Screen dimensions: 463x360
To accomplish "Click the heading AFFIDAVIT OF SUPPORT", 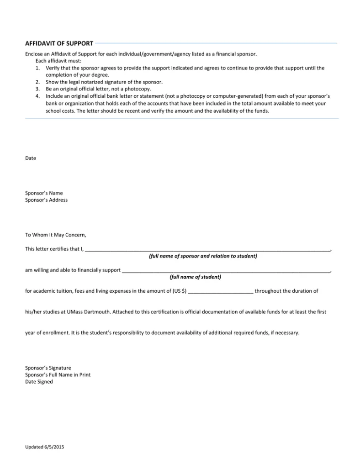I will (59, 43).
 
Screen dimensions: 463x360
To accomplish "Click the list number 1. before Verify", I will (37, 68).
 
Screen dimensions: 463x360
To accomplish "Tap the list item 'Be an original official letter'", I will (98, 89).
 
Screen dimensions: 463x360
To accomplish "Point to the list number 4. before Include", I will (37, 96).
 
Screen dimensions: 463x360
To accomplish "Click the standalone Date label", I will (30, 158).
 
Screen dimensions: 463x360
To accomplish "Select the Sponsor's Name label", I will (44, 193).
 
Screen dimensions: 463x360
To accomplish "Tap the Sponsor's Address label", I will (46, 200).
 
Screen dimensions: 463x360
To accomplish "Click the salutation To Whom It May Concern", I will (55, 235).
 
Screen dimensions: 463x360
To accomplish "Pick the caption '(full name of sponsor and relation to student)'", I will (203, 256).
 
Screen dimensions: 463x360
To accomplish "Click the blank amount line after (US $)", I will (220, 291).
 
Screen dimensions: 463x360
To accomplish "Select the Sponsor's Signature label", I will (48, 368).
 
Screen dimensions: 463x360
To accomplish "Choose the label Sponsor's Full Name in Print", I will (58, 374).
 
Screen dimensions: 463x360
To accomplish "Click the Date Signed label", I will (39, 382).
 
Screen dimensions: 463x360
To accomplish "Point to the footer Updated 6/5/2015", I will (44, 447).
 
